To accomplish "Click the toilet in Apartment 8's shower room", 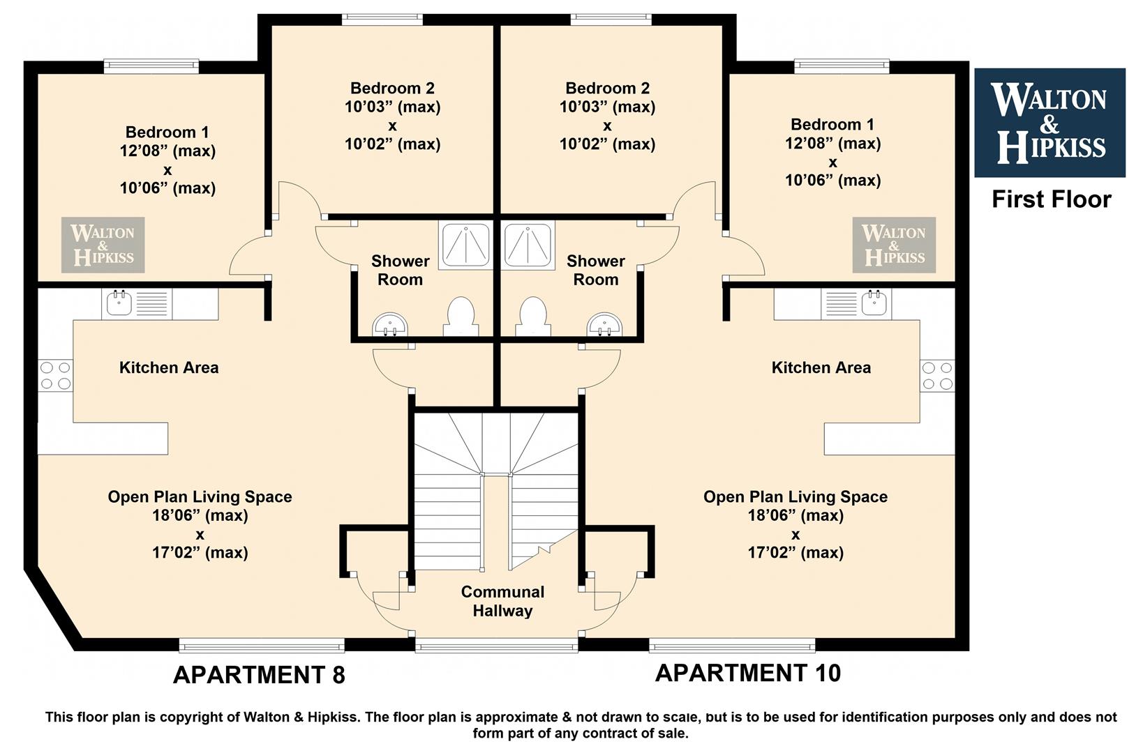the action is [x=461, y=316].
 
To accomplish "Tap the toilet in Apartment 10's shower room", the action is [x=533, y=316].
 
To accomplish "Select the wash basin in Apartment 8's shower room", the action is [x=390, y=325].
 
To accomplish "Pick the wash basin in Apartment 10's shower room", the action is [x=604, y=325].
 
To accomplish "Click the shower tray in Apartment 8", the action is [x=465, y=245].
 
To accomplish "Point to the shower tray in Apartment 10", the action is [x=528, y=245].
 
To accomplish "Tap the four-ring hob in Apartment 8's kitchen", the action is [x=56, y=375].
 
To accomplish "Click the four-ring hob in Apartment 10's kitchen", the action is [x=937, y=375].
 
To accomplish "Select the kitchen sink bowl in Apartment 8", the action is [x=119, y=303].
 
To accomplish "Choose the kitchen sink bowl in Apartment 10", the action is [x=874, y=303].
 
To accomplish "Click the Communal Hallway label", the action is [x=502, y=601].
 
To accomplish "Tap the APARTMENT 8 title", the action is [x=259, y=675].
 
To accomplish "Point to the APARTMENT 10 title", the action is [x=748, y=673].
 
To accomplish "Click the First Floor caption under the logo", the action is [x=1052, y=199].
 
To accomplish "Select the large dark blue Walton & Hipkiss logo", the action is [x=1050, y=123].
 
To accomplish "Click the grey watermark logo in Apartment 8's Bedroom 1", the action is [x=103, y=245].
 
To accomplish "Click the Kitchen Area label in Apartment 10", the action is [x=821, y=367].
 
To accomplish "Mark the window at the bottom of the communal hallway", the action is [x=497, y=646].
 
